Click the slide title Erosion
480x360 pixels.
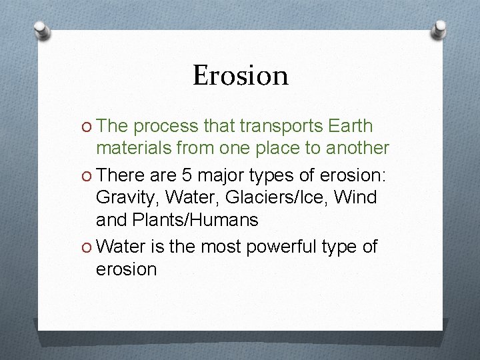tap(241, 75)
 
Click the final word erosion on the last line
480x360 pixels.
tap(127, 269)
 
